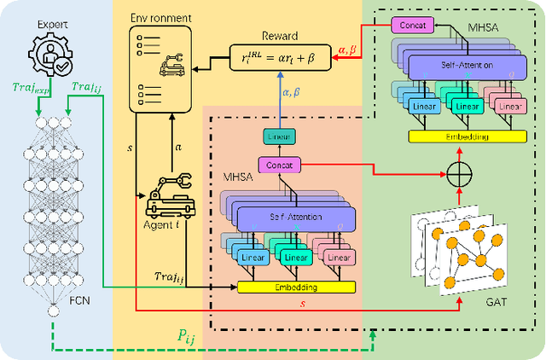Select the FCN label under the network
54,299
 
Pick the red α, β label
351,50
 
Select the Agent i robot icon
171,196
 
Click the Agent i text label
158,226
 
